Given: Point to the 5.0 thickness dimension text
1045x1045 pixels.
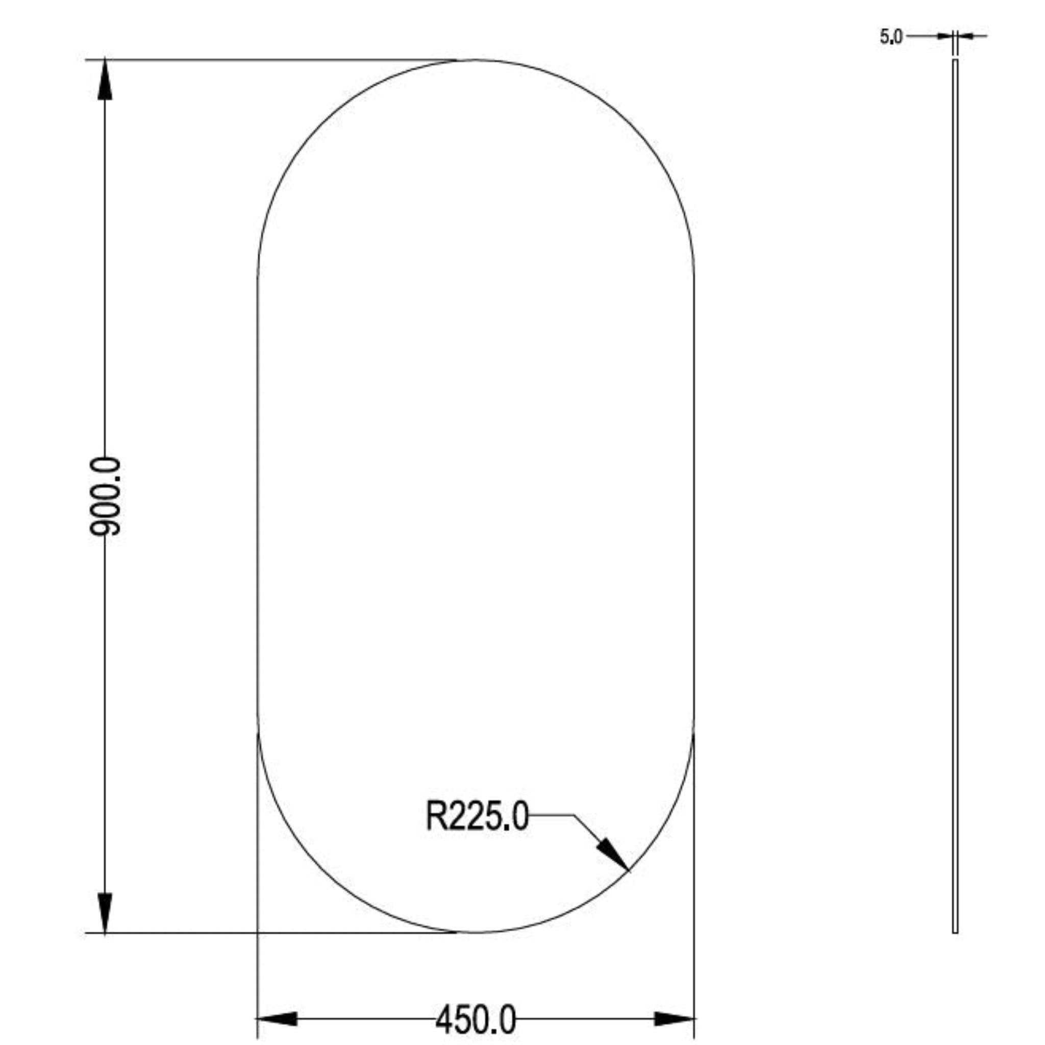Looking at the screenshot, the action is pos(891,37).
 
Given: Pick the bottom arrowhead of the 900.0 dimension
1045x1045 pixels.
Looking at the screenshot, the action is pos(105,912).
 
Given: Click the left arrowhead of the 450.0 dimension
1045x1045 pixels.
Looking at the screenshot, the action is pos(277,1019).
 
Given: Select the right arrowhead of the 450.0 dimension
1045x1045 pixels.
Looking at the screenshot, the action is pos(674,1019).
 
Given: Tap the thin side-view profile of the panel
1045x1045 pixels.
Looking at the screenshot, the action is pos(955,496).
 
